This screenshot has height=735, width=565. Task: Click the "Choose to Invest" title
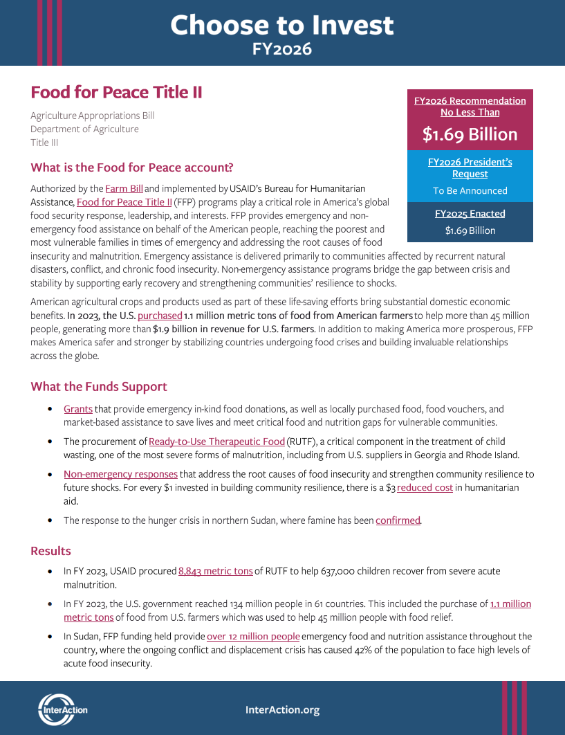pyautogui.click(x=282, y=26)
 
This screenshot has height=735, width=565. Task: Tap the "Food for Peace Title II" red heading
pyautogui.click(x=116, y=92)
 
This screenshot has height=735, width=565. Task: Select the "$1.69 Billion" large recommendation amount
pyautogui.click(x=470, y=134)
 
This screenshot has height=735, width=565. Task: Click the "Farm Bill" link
pyautogui.click(x=124, y=188)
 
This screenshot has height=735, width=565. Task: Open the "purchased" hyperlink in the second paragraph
pyautogui.click(x=160, y=316)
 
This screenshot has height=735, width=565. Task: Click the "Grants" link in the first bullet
pyautogui.click(x=78, y=409)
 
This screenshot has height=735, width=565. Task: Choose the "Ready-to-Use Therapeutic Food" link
pyautogui.click(x=216, y=442)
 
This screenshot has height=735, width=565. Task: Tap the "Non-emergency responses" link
pyautogui.click(x=120, y=474)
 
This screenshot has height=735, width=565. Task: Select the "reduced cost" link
pyautogui.click(x=425, y=487)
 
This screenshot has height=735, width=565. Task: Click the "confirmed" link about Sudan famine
pyautogui.click(x=398, y=520)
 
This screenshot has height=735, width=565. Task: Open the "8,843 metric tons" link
pyautogui.click(x=215, y=571)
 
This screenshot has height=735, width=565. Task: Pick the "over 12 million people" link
pyautogui.click(x=253, y=636)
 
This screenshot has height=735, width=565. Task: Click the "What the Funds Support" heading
pyautogui.click(x=99, y=386)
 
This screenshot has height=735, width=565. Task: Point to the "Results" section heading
pyautogui.click(x=50, y=551)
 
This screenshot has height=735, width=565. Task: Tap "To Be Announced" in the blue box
pyautogui.click(x=470, y=190)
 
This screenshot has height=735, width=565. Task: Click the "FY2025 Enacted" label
pyautogui.click(x=470, y=214)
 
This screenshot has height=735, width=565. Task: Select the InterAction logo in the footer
pyautogui.click(x=62, y=709)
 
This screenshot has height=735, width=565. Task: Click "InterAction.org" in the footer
pyautogui.click(x=282, y=710)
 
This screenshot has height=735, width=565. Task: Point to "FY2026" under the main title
pyautogui.click(x=282, y=49)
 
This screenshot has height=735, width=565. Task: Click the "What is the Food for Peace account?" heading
pyautogui.click(x=132, y=167)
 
